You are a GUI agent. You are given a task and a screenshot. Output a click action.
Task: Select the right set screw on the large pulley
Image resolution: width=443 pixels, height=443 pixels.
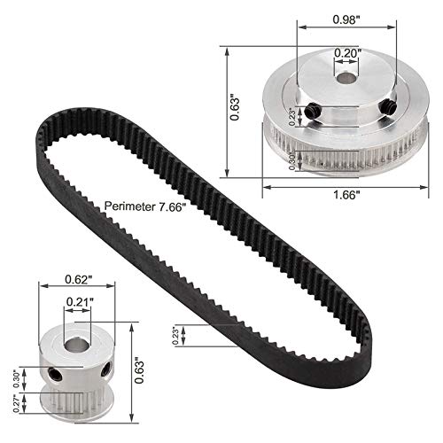pos(388,106)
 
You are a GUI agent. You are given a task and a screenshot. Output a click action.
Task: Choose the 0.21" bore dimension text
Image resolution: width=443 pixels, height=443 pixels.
pos(79,302)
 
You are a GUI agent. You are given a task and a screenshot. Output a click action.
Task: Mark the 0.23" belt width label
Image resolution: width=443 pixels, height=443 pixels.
pos(177,335)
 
